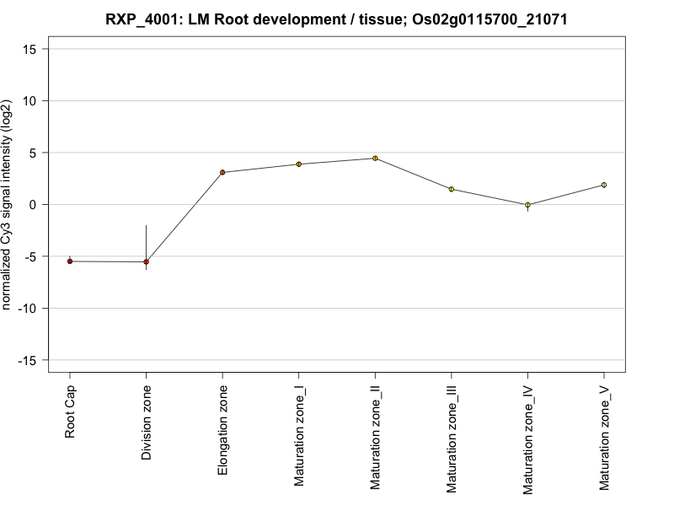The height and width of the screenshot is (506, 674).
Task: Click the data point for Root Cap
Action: pos(70,261)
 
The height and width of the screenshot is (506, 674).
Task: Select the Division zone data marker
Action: pos(146,262)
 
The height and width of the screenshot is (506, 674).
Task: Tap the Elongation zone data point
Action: pos(222,172)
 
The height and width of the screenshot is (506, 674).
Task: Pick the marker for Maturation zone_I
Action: pos(298,164)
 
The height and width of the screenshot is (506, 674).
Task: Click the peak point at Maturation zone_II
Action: pos(375,159)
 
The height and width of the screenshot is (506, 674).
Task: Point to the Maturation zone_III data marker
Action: pos(451,189)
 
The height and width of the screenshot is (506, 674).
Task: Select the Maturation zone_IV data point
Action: pos(527,205)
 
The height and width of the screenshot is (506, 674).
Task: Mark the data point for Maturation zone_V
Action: pos(603,185)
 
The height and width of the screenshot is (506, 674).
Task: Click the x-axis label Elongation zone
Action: pos(222,429)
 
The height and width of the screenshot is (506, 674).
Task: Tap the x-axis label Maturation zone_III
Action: pos(451,439)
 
